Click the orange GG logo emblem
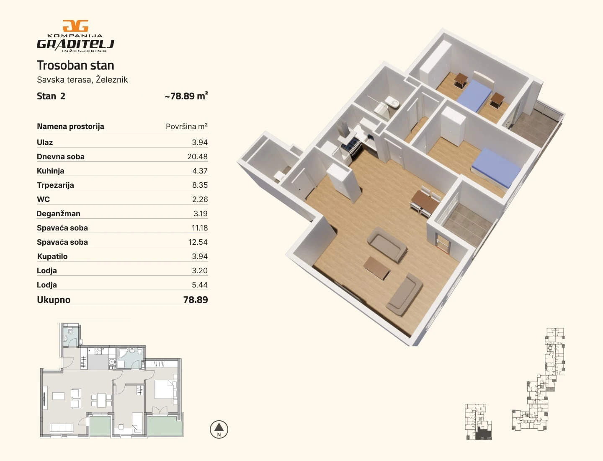click(75, 26)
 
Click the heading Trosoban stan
click(75, 65)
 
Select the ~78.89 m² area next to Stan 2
click(186, 96)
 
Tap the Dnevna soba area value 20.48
click(197, 157)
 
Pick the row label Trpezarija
click(55, 185)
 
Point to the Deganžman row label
click(58, 214)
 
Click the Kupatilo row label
click(52, 256)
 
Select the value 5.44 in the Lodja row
click(200, 285)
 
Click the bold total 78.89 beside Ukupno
click(196, 300)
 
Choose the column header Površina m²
click(186, 127)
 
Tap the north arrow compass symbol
click(219, 430)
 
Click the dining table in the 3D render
click(425, 202)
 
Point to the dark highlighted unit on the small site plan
click(484, 433)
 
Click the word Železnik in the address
click(111, 80)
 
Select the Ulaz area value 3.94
click(200, 142)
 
